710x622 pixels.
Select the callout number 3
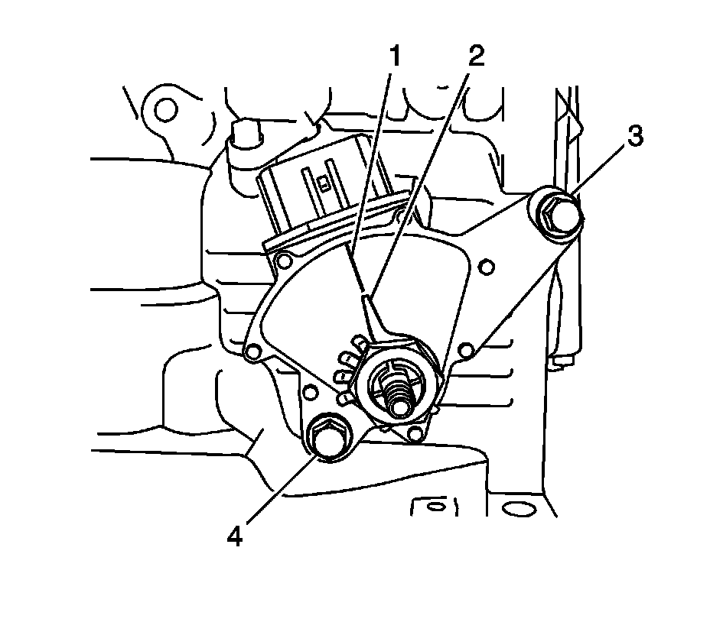click(x=634, y=138)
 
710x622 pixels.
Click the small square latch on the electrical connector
click(x=326, y=183)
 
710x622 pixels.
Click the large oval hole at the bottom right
click(x=519, y=508)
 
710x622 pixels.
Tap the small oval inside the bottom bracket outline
click(x=434, y=506)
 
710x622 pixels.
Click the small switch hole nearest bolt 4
click(x=311, y=393)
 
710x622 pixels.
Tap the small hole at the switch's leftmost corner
click(x=249, y=352)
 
